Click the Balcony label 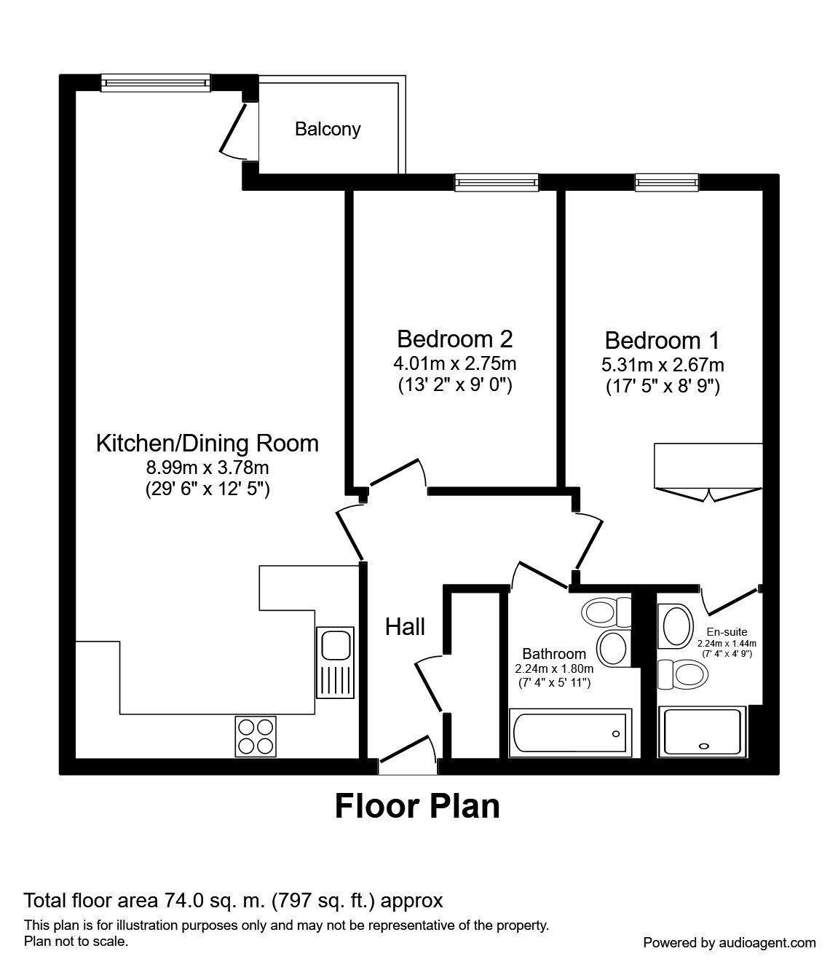click(x=328, y=130)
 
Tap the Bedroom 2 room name click(x=454, y=339)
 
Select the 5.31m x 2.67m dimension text click(x=663, y=365)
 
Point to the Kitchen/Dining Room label click(x=207, y=443)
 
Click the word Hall click(x=405, y=626)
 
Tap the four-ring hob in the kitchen click(x=256, y=735)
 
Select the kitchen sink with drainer click(x=336, y=662)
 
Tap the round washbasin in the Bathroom click(x=612, y=647)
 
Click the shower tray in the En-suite click(x=702, y=731)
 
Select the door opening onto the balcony click(x=234, y=131)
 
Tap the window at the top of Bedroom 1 click(x=666, y=182)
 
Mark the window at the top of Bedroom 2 click(x=497, y=182)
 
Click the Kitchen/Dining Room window click(x=155, y=83)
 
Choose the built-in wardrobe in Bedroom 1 click(x=708, y=466)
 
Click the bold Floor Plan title click(x=417, y=807)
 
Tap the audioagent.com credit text click(x=730, y=942)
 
